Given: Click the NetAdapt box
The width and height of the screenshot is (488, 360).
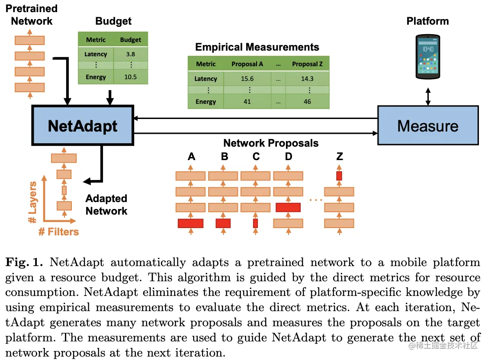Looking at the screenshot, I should [x=82, y=125].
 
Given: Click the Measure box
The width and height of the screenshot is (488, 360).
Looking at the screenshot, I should [x=428, y=125].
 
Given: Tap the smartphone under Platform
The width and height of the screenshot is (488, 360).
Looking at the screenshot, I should [x=428, y=57].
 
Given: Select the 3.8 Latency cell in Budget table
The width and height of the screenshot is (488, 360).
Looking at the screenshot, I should [x=130, y=54].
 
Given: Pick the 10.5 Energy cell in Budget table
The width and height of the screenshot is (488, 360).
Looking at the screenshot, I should [x=130, y=77].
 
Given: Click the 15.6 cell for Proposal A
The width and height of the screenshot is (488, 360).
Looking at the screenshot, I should [x=247, y=79].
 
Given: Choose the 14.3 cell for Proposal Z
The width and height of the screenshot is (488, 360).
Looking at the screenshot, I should [x=307, y=79].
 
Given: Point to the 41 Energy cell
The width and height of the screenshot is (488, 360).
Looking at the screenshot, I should [x=247, y=102].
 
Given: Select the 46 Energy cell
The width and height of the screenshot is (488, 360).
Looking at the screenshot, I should [x=307, y=102].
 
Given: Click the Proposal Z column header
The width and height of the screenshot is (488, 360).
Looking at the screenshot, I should [x=307, y=64].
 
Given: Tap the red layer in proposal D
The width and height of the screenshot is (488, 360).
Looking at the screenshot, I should [x=288, y=207].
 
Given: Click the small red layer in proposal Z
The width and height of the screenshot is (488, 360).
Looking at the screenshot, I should [x=339, y=176].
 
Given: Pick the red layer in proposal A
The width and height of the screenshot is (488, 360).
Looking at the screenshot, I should [x=190, y=223].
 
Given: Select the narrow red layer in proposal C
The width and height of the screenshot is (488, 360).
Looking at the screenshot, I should [x=255, y=223].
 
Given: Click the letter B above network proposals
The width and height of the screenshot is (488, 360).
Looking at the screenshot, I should [x=224, y=157].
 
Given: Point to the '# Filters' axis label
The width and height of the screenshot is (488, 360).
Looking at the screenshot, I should [x=59, y=232].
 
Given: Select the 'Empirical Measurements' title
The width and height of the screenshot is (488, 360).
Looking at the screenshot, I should [x=257, y=47].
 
